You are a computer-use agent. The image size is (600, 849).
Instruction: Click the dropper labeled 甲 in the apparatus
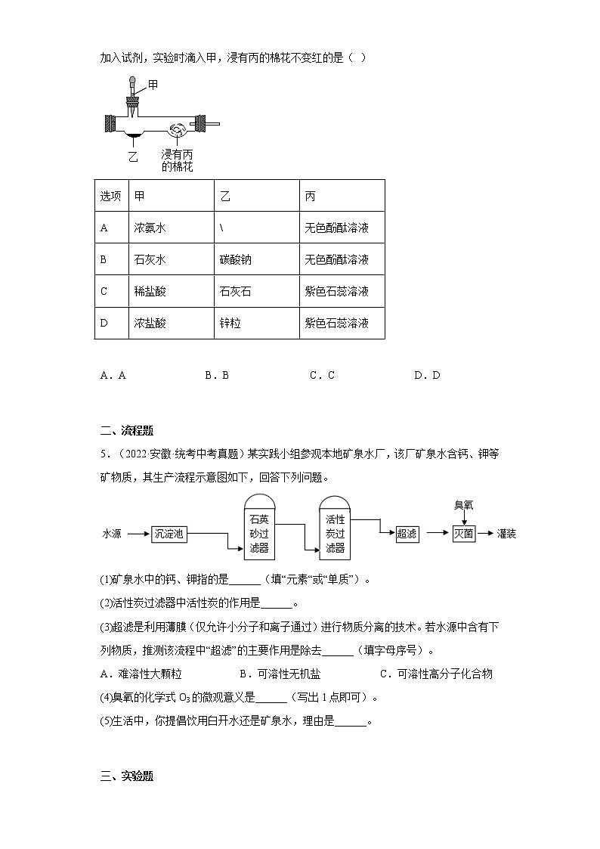pyautogui.click(x=133, y=95)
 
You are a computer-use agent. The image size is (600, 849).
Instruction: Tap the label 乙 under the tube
pyautogui.click(x=133, y=156)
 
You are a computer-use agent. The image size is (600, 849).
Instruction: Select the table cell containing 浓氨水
pyautogui.click(x=171, y=228)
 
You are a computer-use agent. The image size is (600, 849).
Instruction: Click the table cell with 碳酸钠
pyautogui.click(x=256, y=259)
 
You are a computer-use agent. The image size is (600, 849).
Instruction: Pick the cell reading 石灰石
pyautogui.click(x=256, y=291)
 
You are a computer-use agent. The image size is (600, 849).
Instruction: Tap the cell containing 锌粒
pyautogui.click(x=256, y=323)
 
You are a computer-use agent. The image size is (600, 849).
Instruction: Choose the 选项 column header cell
pyautogui.click(x=111, y=196)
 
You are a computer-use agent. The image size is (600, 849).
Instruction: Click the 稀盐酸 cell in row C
pyautogui.click(x=171, y=291)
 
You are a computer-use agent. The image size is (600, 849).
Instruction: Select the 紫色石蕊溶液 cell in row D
pyautogui.click(x=342, y=323)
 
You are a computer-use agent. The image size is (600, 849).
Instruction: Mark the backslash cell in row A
pyautogui.click(x=256, y=228)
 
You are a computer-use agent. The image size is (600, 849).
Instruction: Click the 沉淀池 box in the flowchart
pyautogui.click(x=168, y=534)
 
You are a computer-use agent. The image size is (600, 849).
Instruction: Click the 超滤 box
pyautogui.click(x=407, y=534)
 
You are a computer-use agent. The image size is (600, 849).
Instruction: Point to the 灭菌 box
pyautogui.click(x=463, y=534)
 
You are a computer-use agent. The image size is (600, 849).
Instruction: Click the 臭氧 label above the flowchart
pyautogui.click(x=463, y=505)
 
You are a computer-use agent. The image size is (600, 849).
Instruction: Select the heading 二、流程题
pyautogui.click(x=127, y=431)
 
